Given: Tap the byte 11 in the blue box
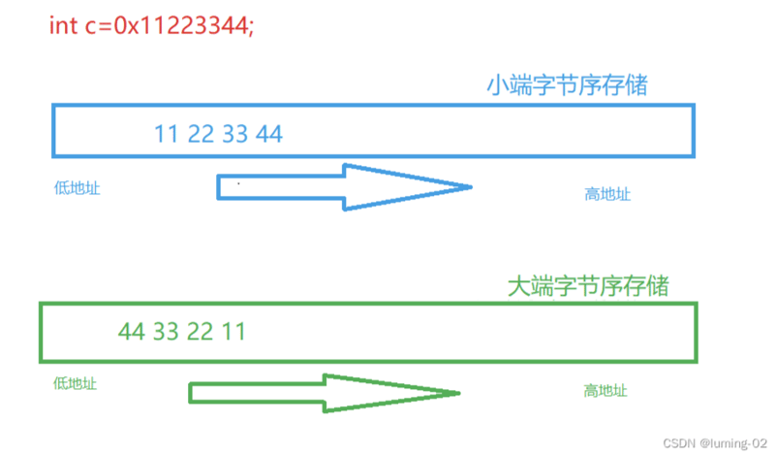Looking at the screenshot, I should (168, 134).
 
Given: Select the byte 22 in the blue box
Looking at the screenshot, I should (201, 134).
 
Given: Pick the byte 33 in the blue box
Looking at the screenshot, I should (235, 134).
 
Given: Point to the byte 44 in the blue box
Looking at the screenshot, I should (269, 134).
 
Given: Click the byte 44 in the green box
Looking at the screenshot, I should (132, 332).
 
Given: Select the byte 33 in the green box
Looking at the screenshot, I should (166, 332).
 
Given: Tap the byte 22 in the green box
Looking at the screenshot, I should (200, 332).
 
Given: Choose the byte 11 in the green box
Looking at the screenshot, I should (232, 332).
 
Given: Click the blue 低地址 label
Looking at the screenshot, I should (77, 188).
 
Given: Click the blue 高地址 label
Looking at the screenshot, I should (607, 194).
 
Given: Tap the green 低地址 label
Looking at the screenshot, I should (75, 383).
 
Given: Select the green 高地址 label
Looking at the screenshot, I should (605, 391).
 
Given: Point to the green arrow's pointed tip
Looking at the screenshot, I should (456, 393).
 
